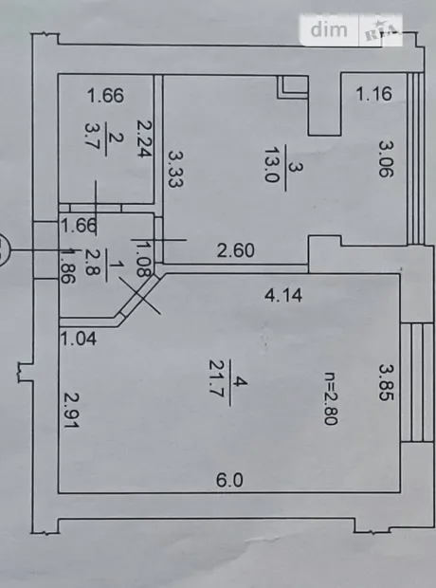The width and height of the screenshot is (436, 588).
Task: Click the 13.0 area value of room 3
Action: [271, 164]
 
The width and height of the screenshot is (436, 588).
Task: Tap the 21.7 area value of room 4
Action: [216, 382]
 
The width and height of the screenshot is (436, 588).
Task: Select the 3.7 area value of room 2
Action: [92, 137]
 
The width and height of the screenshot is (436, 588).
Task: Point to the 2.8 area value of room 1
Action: [91, 263]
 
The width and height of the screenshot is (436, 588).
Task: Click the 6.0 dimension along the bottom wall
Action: [229, 481]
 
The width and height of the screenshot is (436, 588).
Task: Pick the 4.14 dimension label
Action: [283, 295]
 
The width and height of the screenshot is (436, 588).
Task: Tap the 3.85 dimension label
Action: [386, 382]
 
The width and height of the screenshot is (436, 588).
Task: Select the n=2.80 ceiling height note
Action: [331, 398]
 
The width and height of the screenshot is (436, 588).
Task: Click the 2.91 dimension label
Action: [71, 411]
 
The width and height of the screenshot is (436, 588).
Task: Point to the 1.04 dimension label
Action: [79, 339]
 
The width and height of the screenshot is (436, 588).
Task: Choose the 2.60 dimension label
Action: [236, 250]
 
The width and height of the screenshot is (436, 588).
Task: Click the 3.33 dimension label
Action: [174, 169]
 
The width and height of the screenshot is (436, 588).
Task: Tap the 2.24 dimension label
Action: [144, 138]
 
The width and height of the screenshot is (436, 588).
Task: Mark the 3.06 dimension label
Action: [386, 158]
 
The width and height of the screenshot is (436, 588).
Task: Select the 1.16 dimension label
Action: [374, 94]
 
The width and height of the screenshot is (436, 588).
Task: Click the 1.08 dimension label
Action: [142, 259]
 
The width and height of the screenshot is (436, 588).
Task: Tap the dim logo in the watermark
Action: [329, 29]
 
